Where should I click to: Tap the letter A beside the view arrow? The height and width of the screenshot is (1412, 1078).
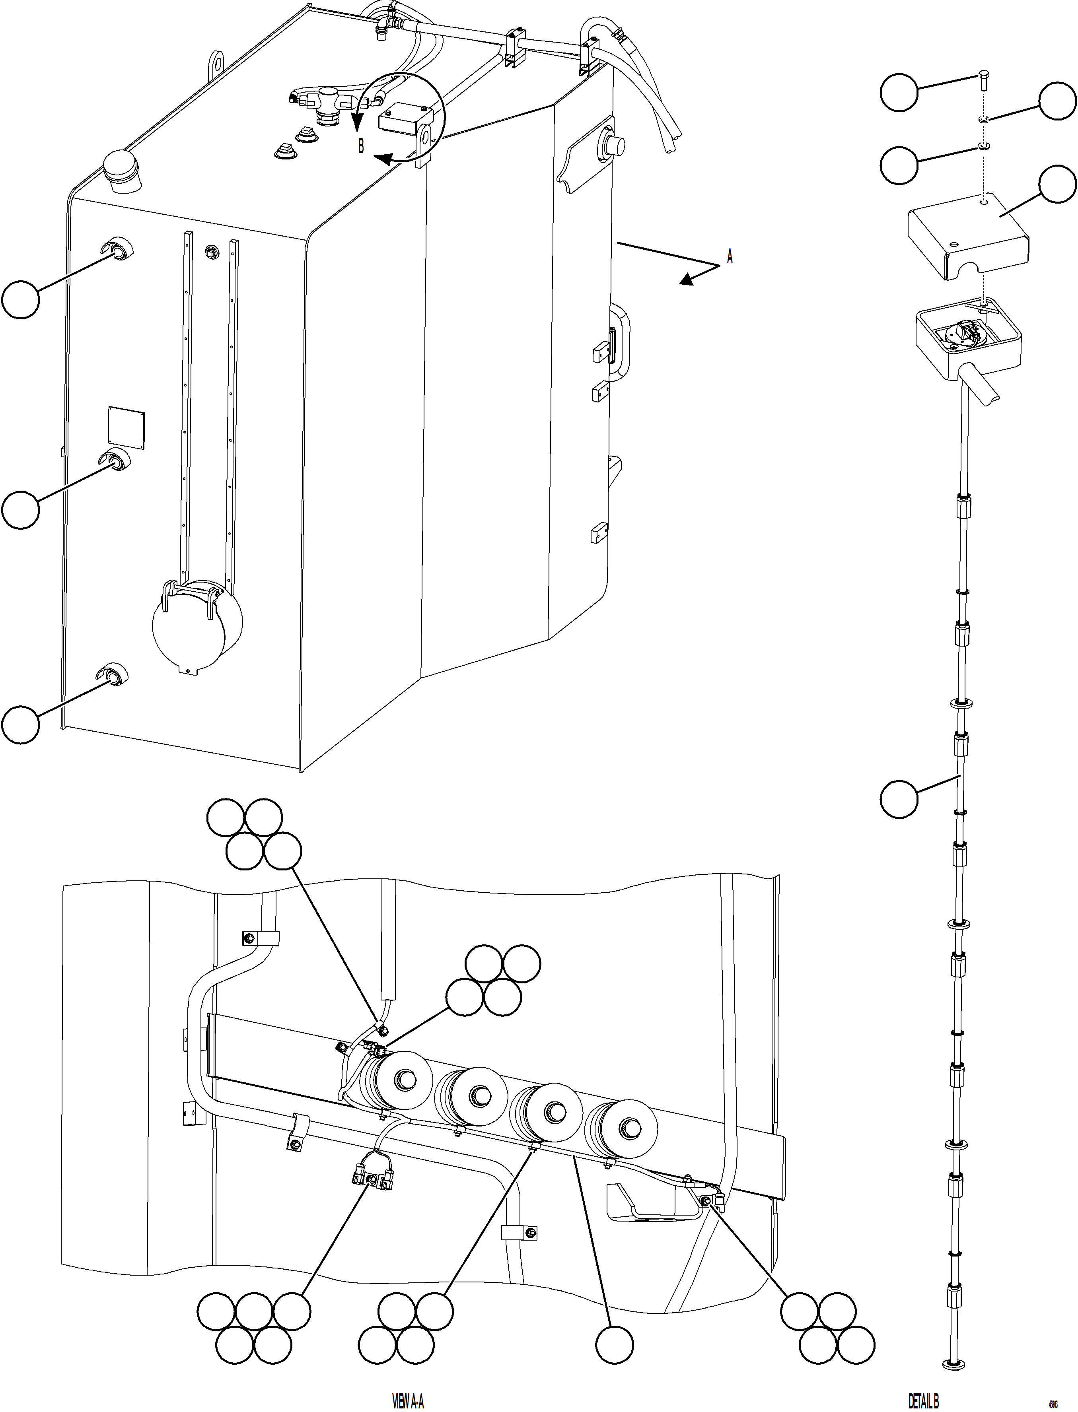(x=730, y=257)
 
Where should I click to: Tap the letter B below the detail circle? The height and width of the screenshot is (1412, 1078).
(x=361, y=147)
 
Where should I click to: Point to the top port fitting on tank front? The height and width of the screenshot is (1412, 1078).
(x=116, y=251)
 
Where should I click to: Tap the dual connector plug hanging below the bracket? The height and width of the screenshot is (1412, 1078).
(x=371, y=1178)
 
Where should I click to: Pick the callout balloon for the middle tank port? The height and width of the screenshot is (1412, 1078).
(x=21, y=509)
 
